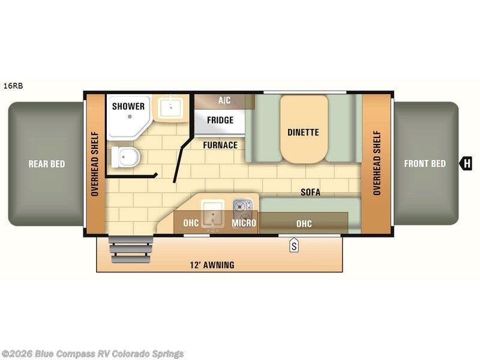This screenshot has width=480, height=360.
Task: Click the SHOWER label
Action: coord(128,106)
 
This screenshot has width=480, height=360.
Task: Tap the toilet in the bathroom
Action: coord(125,157)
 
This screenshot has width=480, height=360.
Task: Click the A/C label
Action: coord(224,100)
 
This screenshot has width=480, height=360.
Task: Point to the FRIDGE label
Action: coord(220,120)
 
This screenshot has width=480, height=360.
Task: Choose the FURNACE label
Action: coord(220,145)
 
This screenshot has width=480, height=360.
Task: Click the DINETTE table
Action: coord(304,129)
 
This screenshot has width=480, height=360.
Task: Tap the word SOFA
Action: coord(310,192)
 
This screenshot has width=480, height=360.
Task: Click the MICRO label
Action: coord(244,223)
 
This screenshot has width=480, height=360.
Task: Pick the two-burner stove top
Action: coord(243,208)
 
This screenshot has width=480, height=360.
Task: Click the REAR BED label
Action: coord(47,164)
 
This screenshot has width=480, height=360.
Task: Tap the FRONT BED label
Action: coord(425,163)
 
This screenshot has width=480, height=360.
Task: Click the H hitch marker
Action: coord(466,163)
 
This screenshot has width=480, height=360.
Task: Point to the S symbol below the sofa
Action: coord(294,246)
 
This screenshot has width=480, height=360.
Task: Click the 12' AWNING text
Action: coord(212,265)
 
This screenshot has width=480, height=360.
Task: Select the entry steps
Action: coord(131,249)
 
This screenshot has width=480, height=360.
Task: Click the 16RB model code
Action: coord(13,86)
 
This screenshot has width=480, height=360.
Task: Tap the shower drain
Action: coord(130,116)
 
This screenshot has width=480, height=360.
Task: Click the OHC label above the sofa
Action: coord(304,224)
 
